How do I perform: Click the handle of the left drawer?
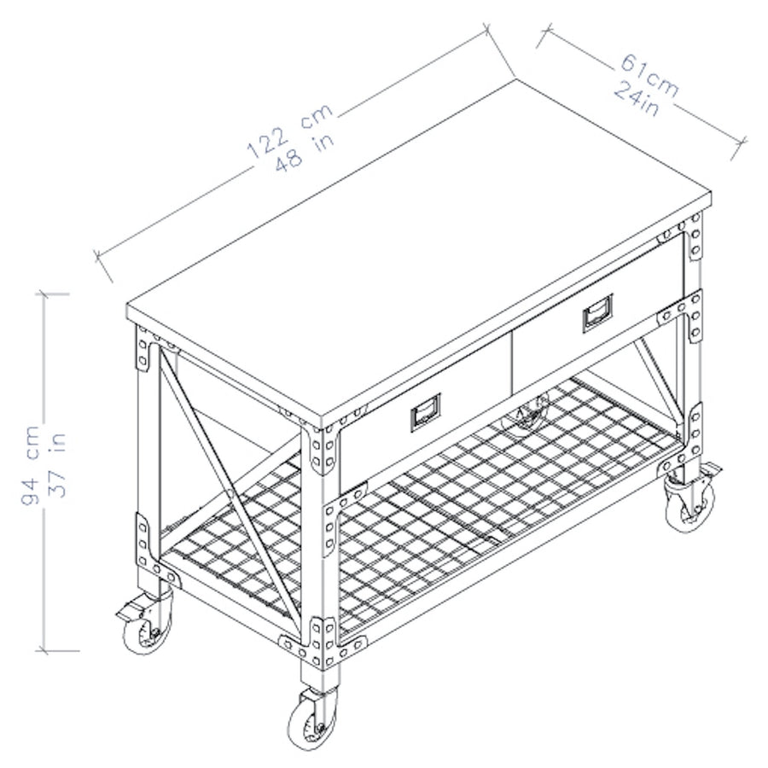pos(424,414)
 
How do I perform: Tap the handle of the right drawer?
pos(596,313)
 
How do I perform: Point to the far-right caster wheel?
pos(689,503)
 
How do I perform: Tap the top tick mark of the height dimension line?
pos(52,294)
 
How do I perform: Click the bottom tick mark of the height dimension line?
pos(52,652)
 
